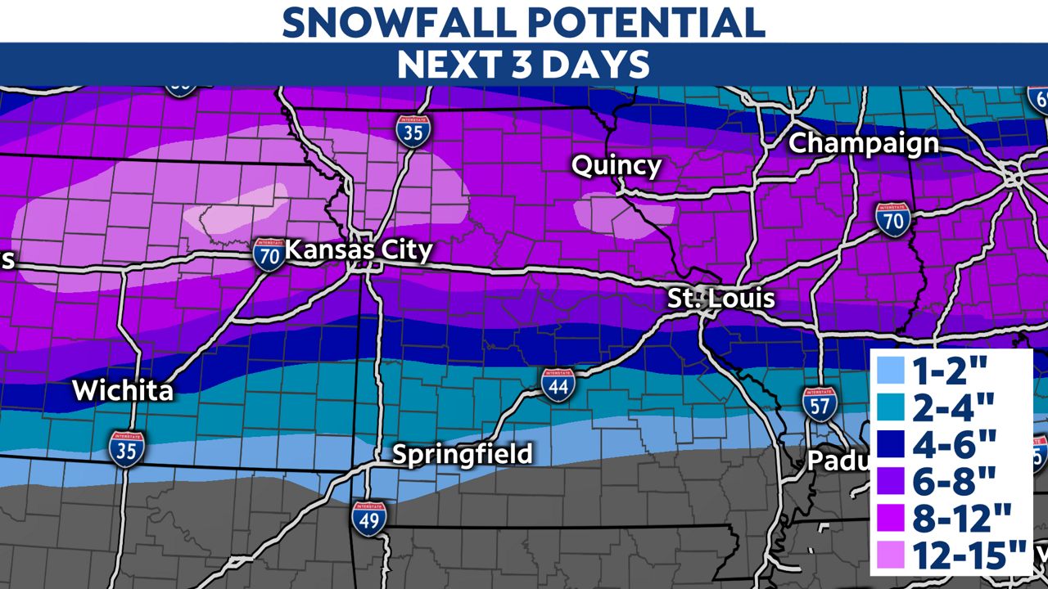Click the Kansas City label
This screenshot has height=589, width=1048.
point(359,250)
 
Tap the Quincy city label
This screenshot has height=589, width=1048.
point(616,166)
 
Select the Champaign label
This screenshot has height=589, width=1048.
point(863,143)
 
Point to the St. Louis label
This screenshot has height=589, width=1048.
point(720,298)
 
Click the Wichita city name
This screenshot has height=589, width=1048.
point(123,391)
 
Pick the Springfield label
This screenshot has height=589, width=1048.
point(463,454)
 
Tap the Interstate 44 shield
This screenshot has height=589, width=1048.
point(557,384)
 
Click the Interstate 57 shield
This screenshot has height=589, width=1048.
point(820,402)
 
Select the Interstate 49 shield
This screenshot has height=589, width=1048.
point(369,518)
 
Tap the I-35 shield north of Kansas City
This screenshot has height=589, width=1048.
point(412,131)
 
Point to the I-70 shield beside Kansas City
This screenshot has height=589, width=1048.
point(269,254)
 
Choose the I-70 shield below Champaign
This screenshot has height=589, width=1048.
point(892,219)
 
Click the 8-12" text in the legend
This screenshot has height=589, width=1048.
point(963,520)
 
